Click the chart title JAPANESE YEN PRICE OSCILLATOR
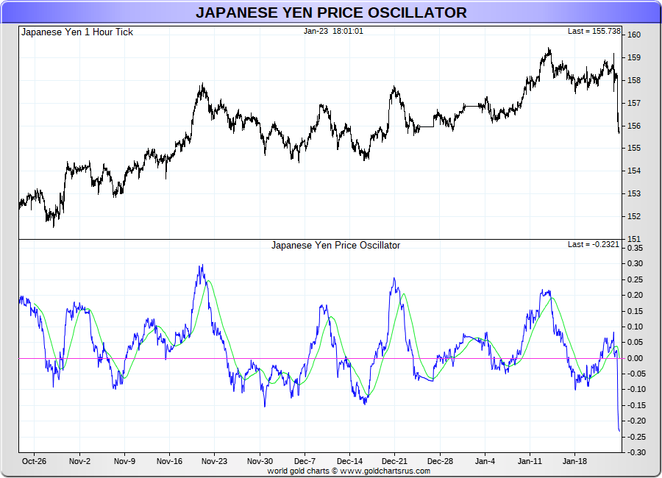tap(331, 13)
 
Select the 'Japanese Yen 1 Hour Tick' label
tap(77, 32)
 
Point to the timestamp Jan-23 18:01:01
tap(333, 32)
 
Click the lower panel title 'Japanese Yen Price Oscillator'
tap(335, 245)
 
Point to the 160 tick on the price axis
tap(633, 35)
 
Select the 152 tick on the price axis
tap(633, 216)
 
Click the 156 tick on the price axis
tap(633, 126)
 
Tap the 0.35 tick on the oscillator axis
tap(635, 249)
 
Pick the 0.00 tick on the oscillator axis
tap(635, 358)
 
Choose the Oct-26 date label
tap(34, 462)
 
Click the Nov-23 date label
tap(214, 462)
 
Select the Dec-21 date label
tap(394, 462)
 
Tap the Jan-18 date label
tap(574, 462)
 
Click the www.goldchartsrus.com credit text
tap(385, 471)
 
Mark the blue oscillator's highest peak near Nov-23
tap(201, 265)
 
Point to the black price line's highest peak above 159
tap(549, 49)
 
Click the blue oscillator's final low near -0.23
tap(619, 431)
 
